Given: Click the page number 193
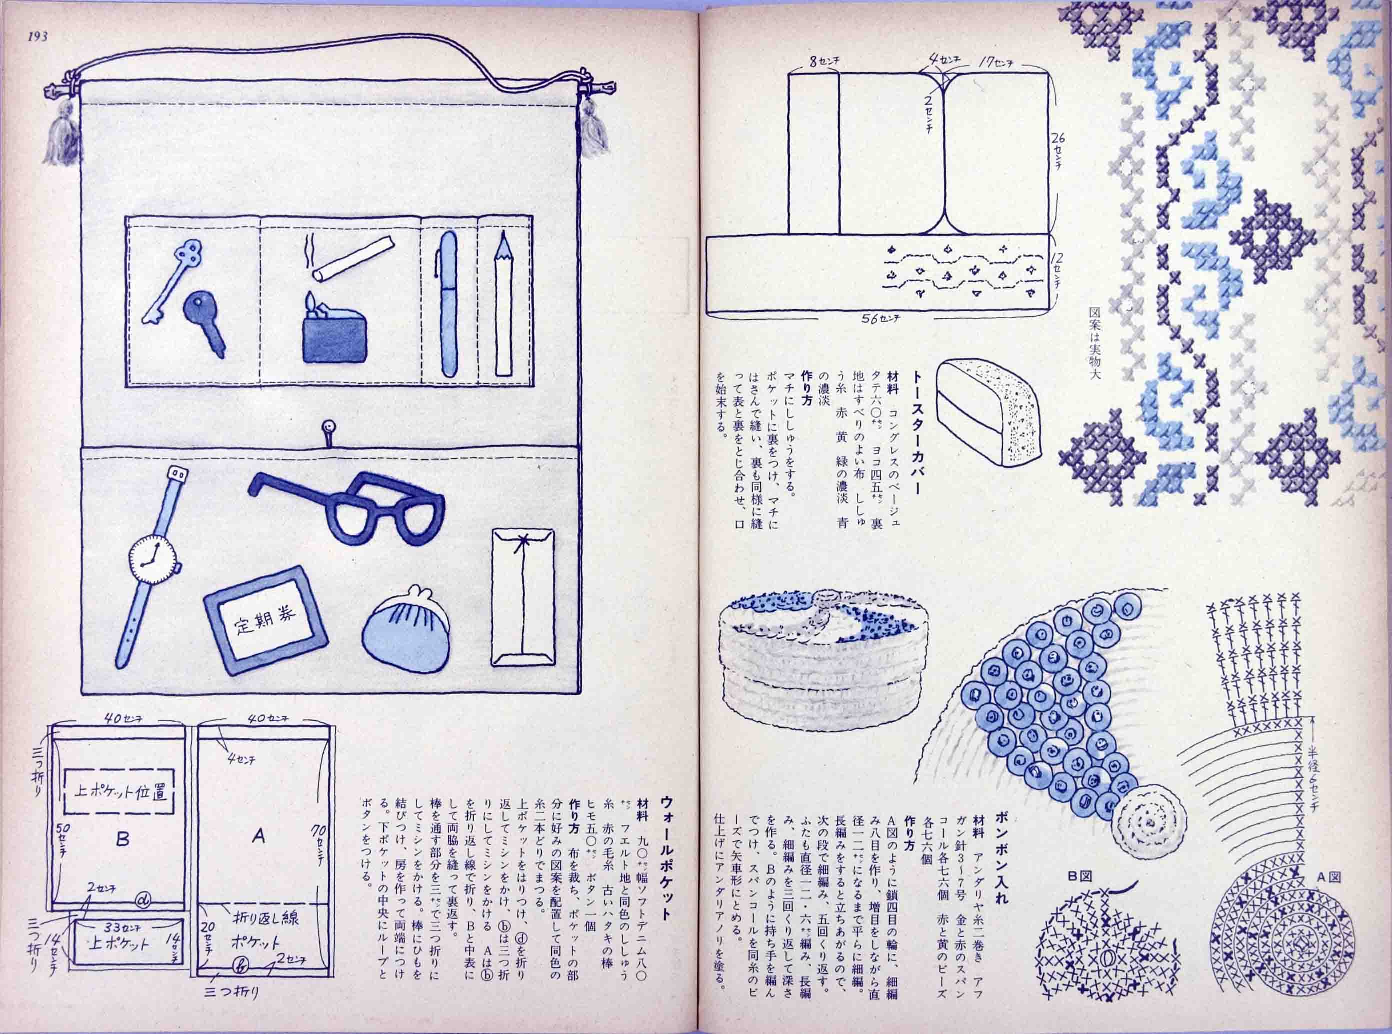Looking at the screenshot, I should pos(37,36).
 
